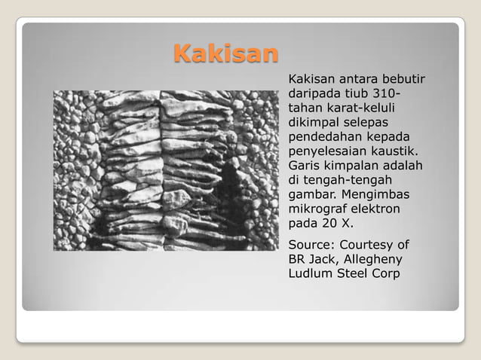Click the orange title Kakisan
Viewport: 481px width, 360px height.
point(225,54)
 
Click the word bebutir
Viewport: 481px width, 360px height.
point(403,79)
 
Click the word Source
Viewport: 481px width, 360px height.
point(310,245)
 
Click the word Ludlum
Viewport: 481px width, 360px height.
point(310,273)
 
